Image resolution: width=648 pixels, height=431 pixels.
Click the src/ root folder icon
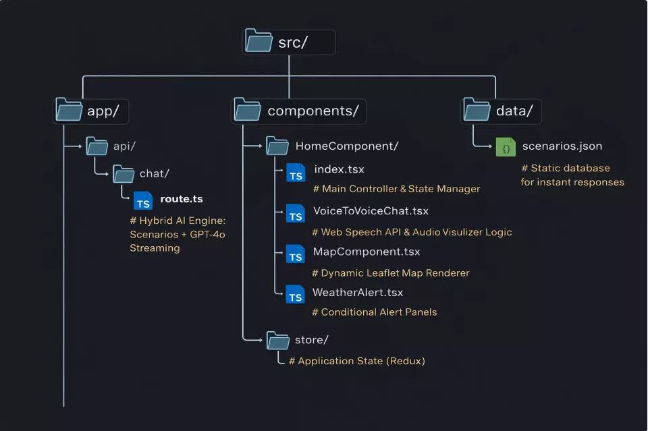(259, 42)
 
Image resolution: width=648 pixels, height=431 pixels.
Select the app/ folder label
(103, 111)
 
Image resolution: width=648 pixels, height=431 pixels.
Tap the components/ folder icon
(248, 110)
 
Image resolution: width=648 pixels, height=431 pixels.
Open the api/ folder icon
(97, 146)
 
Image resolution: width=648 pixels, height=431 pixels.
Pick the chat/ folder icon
(124, 174)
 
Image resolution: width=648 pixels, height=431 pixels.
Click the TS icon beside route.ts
(143, 201)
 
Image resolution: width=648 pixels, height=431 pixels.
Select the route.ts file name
(181, 199)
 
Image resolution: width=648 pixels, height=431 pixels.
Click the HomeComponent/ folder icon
(277, 146)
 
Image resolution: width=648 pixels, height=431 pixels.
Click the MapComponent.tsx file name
(366, 252)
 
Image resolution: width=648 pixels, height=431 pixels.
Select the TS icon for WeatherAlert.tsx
(296, 295)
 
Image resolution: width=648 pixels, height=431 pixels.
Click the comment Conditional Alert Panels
(374, 312)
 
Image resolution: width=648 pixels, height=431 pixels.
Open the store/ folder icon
(277, 340)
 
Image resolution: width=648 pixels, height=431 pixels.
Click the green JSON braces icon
(506, 146)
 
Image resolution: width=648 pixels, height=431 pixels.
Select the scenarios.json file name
(562, 146)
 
